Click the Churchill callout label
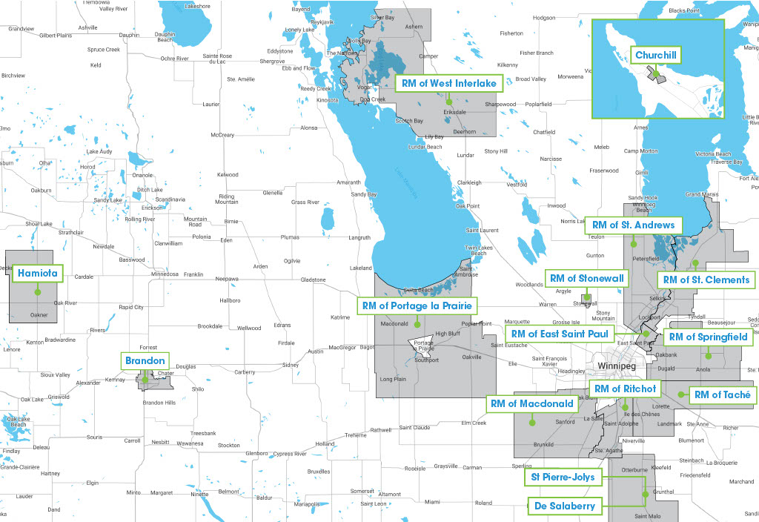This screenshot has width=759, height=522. coord(655,55)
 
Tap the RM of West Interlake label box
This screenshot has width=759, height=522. coord(449,83)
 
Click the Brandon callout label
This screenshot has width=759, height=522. coord(145,360)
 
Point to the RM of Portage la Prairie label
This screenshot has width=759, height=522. coord(417,305)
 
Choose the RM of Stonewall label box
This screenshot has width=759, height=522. coord(587,278)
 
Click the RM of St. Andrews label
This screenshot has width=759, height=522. coord(632,225)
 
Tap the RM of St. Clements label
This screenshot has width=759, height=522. coord(706,280)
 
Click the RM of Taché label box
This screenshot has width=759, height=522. coord(722,394)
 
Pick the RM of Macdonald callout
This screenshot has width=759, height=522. coord(532,403)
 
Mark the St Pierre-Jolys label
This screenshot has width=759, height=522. coord(564,477)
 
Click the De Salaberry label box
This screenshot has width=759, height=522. coord(564,506)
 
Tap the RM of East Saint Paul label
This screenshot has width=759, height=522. coord(560,334)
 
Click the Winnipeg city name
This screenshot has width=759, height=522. coord(617,366)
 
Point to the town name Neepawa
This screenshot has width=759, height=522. coord(228,280)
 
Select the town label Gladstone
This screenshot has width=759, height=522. coord(313,280)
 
